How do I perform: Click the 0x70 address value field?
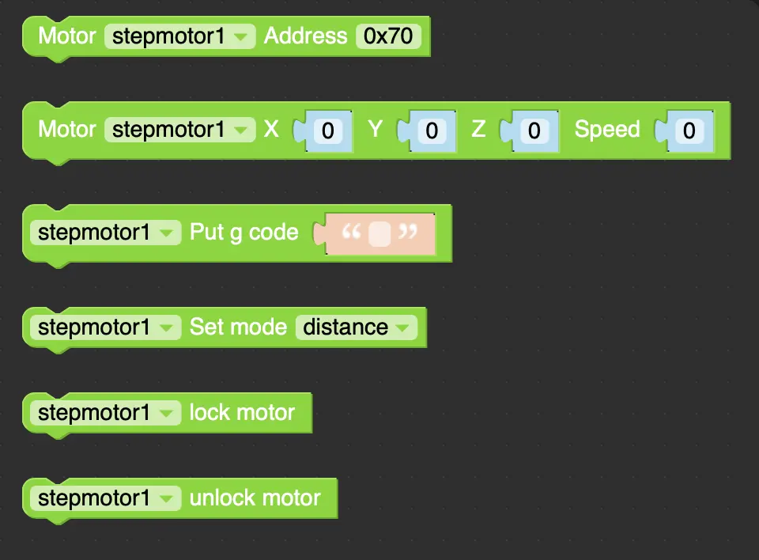coord(388,36)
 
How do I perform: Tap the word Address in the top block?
coord(305,36)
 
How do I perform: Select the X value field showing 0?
coord(327,131)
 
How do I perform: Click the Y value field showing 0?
coord(432,131)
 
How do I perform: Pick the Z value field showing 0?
coord(534,131)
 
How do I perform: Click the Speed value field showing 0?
coord(689,131)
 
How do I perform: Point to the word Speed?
coord(607,130)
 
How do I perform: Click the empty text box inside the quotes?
coord(379,234)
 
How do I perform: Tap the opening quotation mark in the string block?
coord(351,232)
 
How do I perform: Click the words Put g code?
coord(244,233)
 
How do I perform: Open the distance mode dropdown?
coord(357,327)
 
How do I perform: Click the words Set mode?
coord(238,327)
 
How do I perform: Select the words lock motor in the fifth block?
coord(242,413)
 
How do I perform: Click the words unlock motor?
coord(255,498)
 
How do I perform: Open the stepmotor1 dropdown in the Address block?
coord(179,36)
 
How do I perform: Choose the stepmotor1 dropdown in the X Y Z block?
coord(179,130)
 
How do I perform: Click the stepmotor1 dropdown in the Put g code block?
coord(105,233)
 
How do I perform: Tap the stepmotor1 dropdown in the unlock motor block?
coord(105,498)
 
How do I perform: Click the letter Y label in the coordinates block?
coord(375,130)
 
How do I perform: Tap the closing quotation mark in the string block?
coord(408,232)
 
